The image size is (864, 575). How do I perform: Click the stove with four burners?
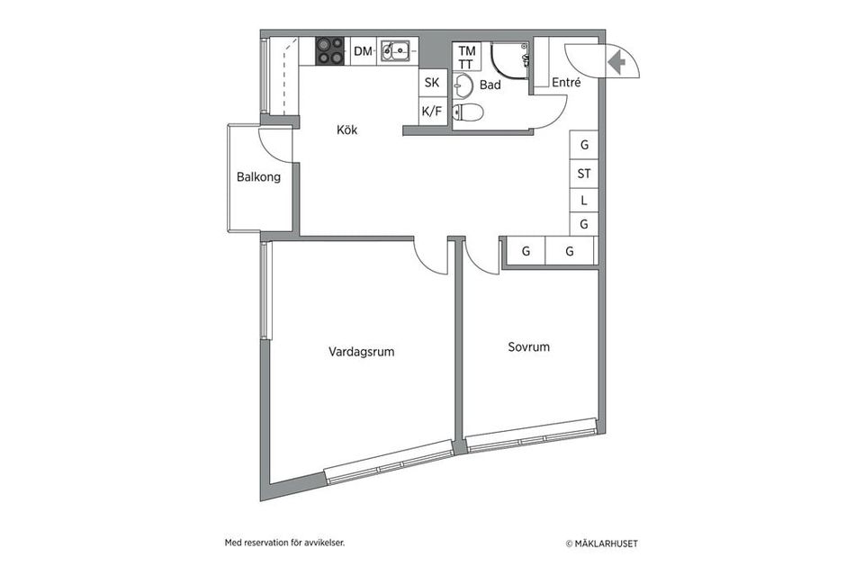[x=330, y=51]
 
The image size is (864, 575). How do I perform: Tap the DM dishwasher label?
[x=363, y=51]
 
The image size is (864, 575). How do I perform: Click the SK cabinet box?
[x=432, y=83]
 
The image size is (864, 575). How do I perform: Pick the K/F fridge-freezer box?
[x=432, y=112]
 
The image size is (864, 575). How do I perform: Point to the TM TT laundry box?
[x=466, y=58]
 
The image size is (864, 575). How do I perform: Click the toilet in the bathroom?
[x=469, y=112]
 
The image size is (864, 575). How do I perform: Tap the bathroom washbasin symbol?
[x=463, y=86]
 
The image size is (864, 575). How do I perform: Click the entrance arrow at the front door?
[x=617, y=63]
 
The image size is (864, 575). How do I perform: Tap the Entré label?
[x=566, y=83]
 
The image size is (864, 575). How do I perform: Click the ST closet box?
[x=584, y=174]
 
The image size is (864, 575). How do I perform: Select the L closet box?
[x=584, y=200]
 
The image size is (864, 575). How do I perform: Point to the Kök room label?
[x=346, y=130]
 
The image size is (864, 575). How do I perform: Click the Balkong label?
[x=258, y=177]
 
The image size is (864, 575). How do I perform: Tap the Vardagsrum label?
[x=361, y=353]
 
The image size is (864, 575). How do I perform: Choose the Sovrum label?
[x=528, y=346]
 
